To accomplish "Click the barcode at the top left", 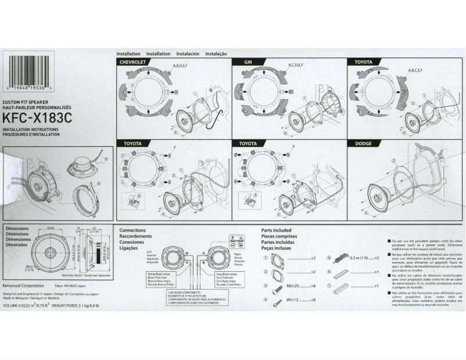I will click(x=28, y=70).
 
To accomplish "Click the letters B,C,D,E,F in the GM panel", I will click(x=296, y=65).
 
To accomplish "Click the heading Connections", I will click(x=132, y=231).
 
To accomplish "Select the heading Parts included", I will click(x=277, y=231).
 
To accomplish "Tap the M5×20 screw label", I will click(x=296, y=286).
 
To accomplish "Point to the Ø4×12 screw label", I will click(x=296, y=300).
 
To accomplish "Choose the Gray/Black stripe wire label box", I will click(x=227, y=279).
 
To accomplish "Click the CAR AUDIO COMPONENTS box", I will click(x=194, y=299).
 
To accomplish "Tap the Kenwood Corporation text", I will click(x=23, y=286).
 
